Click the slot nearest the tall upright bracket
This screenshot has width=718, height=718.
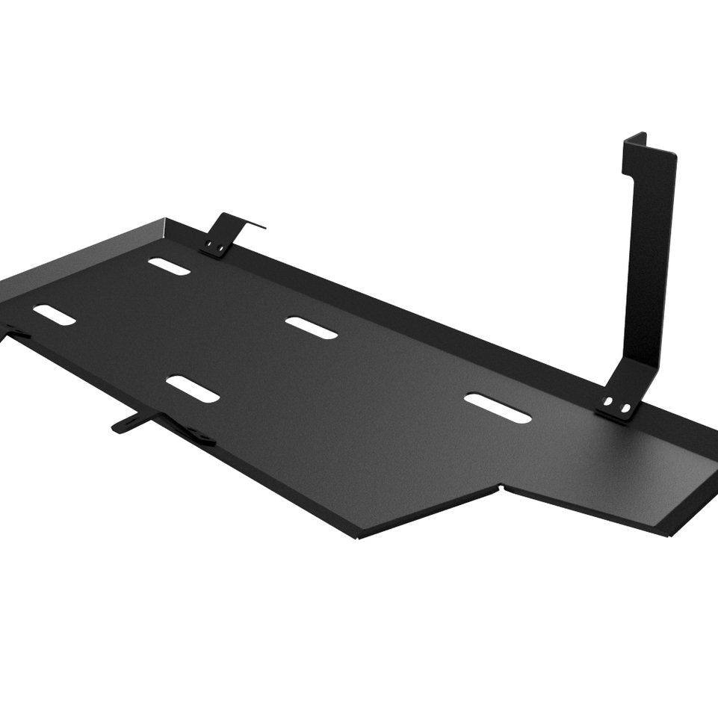pyautogui.click(x=497, y=408)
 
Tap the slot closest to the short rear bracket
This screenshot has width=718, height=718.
pyautogui.click(x=169, y=266)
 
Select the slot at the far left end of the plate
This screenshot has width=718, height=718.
pyautogui.click(x=55, y=315)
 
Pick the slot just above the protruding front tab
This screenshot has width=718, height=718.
pyautogui.click(x=193, y=389)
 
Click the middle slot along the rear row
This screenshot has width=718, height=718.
pyautogui.click(x=312, y=327)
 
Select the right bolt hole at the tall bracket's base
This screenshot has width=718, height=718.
pyautogui.click(x=625, y=408)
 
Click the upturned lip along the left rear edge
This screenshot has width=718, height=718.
pyautogui.click(x=82, y=253)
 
